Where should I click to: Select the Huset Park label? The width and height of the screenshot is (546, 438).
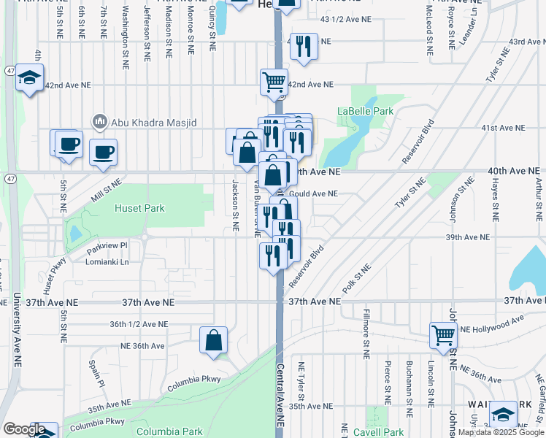(x=139, y=208)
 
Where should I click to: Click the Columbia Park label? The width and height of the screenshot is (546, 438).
(x=169, y=431)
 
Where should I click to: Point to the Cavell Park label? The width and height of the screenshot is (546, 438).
(x=379, y=432)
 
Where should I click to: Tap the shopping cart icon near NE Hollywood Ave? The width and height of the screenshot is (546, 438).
(x=443, y=335)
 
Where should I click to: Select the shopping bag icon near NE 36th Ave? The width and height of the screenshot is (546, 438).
(x=213, y=340)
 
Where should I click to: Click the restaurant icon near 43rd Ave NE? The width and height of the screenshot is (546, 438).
(x=304, y=46)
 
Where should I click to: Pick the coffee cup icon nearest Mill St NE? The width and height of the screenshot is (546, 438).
(x=102, y=152)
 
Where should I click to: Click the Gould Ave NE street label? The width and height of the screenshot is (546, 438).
(x=314, y=194)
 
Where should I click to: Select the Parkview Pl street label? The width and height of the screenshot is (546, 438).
(x=107, y=245)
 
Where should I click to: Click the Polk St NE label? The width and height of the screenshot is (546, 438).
(x=357, y=277)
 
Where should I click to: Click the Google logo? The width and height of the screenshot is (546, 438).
(x=23, y=429)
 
